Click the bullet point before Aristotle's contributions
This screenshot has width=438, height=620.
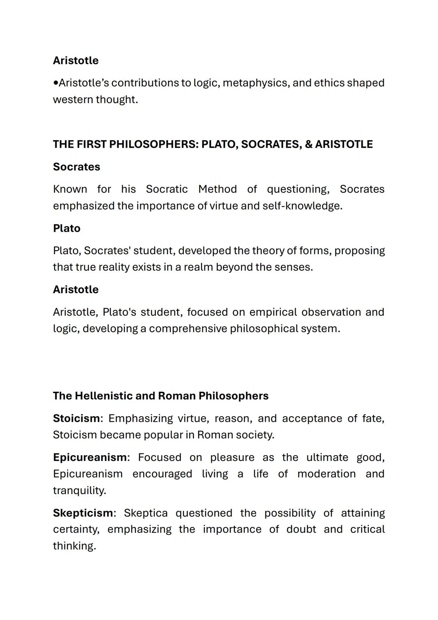pyautogui.click(x=56, y=83)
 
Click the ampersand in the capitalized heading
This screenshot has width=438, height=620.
pyautogui.click(x=308, y=145)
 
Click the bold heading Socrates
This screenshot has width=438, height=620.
pyautogui.click(x=76, y=167)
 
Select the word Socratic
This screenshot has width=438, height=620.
pyautogui.click(x=167, y=189)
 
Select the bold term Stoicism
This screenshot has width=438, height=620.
pyautogui.click(x=76, y=418)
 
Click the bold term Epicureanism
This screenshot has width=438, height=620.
pyautogui.click(x=90, y=457)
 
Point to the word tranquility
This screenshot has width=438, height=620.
pyautogui.click(x=79, y=490)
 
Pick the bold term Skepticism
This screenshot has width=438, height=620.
pyautogui.click(x=83, y=513)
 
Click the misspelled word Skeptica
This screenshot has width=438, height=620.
pyautogui.click(x=146, y=513)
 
